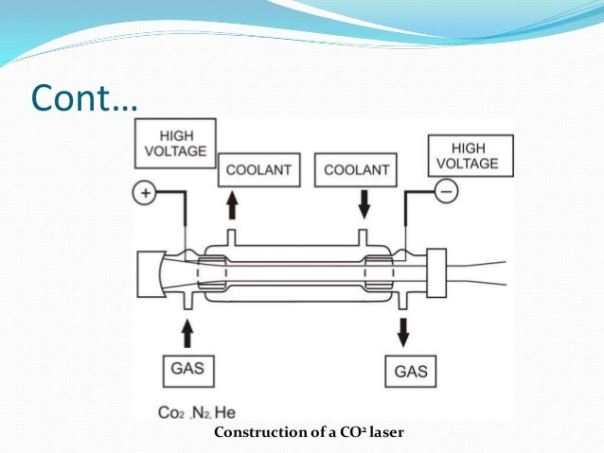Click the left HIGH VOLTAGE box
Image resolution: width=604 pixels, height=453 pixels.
point(176,142)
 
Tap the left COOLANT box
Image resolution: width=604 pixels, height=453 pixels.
point(258,170)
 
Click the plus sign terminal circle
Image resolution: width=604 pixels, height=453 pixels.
point(145,195)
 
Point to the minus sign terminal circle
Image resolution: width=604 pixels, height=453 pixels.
point(446,192)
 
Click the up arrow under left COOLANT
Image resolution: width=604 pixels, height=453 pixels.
point(232,204)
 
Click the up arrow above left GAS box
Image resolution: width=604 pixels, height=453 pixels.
point(187,331)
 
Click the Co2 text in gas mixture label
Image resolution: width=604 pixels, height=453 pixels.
point(170,412)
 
